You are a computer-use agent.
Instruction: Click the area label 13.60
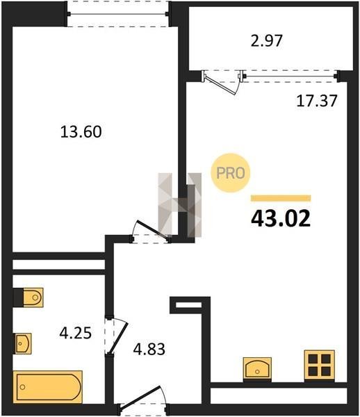point(81,132)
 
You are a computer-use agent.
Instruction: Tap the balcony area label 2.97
point(266,41)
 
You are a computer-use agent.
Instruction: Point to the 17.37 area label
point(317,101)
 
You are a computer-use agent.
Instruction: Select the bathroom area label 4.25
point(76,333)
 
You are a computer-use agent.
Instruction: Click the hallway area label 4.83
point(149,349)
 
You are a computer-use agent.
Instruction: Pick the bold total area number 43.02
point(281,219)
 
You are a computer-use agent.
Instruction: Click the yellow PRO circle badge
point(231,173)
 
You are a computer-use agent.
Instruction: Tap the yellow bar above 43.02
point(281,198)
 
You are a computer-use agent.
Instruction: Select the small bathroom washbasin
point(22,343)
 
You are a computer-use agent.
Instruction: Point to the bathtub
point(48,387)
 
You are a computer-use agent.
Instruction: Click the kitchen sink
point(257,369)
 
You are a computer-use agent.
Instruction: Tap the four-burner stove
point(319,366)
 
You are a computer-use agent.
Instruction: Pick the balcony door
point(222,82)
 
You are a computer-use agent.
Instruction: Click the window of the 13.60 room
point(117,14)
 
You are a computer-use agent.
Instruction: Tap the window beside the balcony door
point(290,76)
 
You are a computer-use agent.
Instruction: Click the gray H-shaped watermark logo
point(180,205)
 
